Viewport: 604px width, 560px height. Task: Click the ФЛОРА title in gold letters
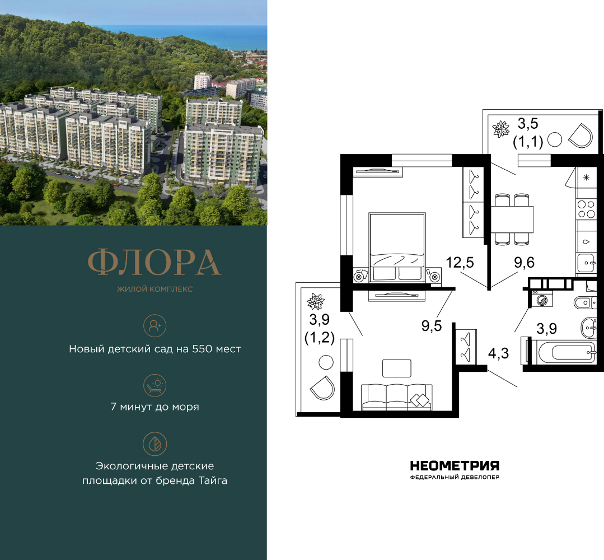coord(154,262)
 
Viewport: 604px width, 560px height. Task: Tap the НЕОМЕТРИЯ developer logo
coord(454,466)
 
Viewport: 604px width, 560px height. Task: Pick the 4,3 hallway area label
coord(498,353)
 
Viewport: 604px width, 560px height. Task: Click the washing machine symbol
coord(542,300)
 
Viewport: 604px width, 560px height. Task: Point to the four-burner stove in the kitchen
coord(586,209)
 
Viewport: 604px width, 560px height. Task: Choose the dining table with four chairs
coord(512,219)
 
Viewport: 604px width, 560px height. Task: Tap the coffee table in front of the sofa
coord(396,368)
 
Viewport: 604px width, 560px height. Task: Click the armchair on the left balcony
coord(323,386)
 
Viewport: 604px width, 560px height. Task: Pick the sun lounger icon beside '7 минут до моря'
coord(154,385)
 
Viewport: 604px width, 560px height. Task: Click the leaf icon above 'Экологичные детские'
coord(154,444)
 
